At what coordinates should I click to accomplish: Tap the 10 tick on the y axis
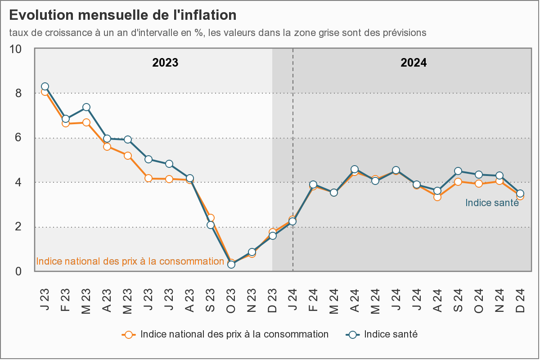[x=16, y=49]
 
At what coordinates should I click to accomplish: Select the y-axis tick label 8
[x=18, y=93]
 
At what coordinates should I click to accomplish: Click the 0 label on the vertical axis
[x=18, y=271]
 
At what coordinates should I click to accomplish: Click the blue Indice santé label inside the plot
[x=492, y=203]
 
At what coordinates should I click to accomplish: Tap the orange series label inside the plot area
[x=130, y=261]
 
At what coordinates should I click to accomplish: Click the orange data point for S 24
[x=458, y=182]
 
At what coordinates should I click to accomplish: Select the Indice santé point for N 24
[x=499, y=176]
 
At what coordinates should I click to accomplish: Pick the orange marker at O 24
[x=479, y=184]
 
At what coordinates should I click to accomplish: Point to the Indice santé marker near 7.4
[x=86, y=107]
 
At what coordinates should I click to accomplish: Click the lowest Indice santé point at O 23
[x=231, y=265]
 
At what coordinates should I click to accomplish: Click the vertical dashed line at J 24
[x=293, y=135]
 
